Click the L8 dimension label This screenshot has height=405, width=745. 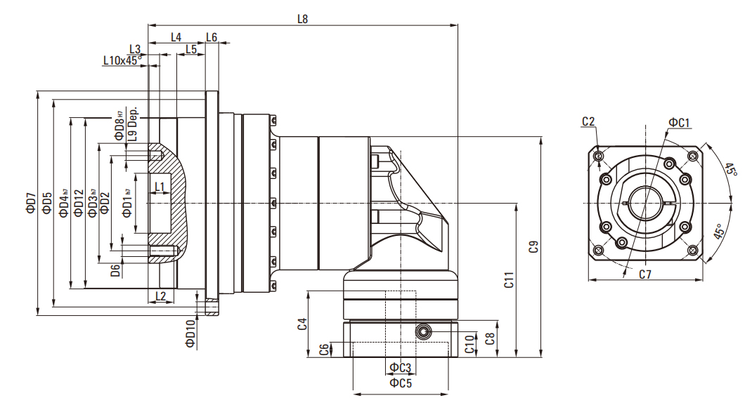pos(303,19)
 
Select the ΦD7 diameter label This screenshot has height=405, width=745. pos(31,203)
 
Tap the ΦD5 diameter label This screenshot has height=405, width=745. pos(46,203)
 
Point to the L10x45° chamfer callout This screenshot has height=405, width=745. pos(122,60)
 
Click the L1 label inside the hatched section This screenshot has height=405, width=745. pos(160,187)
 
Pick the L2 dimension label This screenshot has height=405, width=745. pos(161,296)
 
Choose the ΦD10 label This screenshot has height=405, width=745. pos(190,334)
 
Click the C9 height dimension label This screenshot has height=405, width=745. pos(534,246)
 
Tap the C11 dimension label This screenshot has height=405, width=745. pos(509,280)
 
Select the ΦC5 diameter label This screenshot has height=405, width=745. pos(401,383)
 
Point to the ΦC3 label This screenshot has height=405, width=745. pos(400,368)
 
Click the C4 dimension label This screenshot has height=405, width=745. pos(302,324)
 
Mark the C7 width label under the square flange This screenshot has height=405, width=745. pos(644,274)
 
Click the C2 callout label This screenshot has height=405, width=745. pos(588,122)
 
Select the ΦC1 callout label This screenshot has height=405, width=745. pos(679,122)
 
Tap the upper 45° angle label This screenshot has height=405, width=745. pos(731,170)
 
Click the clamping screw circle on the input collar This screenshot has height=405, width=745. pos(422,332)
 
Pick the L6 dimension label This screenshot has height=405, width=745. pos(212,37)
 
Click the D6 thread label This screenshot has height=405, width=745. pos(115,271)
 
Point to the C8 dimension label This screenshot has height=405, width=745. pos(490,338)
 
